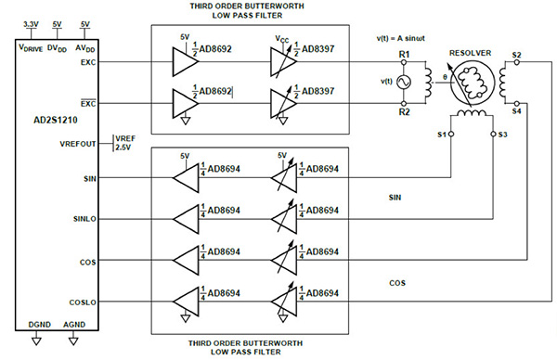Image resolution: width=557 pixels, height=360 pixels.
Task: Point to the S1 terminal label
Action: (x=443, y=135)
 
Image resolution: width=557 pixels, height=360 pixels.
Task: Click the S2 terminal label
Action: (x=515, y=56)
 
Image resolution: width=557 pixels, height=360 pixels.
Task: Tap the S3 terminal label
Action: (x=502, y=135)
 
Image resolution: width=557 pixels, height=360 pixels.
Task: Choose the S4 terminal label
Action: (x=515, y=110)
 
